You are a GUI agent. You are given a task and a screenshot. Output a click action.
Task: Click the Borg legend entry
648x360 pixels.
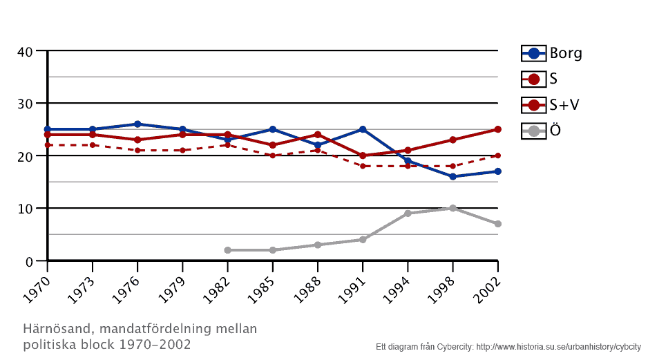[x=552, y=53]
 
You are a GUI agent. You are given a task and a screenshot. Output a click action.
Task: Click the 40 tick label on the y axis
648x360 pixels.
[x=25, y=51]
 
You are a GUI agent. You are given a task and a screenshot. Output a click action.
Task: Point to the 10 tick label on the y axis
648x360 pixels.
[x=25, y=209]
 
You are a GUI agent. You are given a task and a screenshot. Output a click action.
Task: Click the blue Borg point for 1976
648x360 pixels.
[x=137, y=124]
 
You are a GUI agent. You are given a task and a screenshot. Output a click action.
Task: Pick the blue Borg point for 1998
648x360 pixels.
[x=452, y=177]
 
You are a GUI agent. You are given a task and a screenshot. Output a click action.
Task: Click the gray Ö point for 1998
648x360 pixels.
[x=452, y=208]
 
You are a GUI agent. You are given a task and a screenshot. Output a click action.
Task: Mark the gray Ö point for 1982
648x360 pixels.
[x=227, y=250]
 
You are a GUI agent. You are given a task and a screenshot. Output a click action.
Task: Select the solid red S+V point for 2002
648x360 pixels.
[x=497, y=129]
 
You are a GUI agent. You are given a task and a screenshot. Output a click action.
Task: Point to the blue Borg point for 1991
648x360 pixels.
[x=363, y=129]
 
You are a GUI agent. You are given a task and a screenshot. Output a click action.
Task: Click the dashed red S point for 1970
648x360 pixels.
[x=47, y=145]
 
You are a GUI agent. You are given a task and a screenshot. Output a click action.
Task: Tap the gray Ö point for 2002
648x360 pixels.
[x=497, y=224]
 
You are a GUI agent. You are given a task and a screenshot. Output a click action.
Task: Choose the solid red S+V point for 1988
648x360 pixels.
[x=318, y=135]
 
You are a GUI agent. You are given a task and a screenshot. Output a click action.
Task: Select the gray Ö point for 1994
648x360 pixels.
[x=408, y=214]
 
